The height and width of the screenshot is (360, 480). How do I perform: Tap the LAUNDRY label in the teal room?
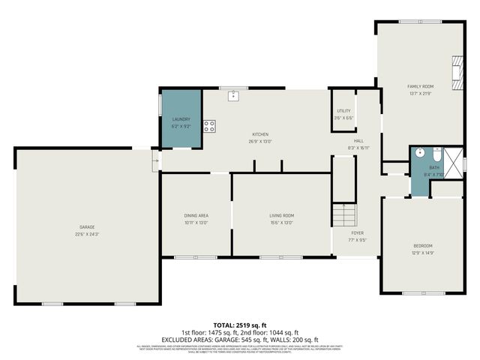[x=181, y=119]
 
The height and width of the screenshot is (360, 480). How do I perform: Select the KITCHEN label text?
[x=259, y=134]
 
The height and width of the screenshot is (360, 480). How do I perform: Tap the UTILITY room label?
[x=343, y=111]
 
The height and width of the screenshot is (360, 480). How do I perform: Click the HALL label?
[x=358, y=141]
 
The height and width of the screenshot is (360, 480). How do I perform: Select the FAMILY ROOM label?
[x=421, y=86]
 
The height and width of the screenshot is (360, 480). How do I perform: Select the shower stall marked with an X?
[x=454, y=160]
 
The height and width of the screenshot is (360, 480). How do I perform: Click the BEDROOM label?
[x=423, y=246]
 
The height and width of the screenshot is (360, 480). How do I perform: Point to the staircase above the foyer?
[x=343, y=217]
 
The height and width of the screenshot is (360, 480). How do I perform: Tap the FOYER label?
[x=356, y=232]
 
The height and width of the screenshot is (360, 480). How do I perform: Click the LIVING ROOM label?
[x=281, y=215]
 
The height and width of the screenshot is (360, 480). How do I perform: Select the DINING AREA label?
[x=196, y=215]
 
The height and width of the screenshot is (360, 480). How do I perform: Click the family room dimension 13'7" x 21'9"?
[x=421, y=94]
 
